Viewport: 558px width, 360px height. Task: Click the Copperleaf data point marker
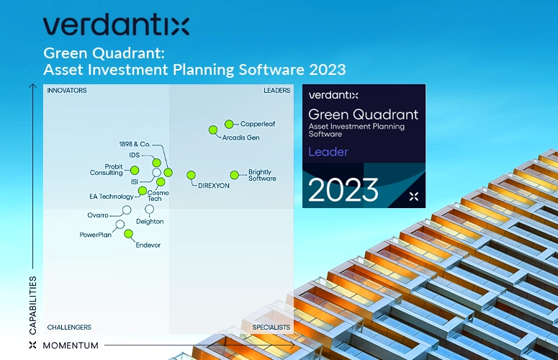click(x=229, y=124)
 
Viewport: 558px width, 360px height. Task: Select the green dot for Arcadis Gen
click(x=213, y=130)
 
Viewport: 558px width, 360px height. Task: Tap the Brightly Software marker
click(x=235, y=175)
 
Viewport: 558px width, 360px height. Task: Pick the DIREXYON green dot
click(x=191, y=175)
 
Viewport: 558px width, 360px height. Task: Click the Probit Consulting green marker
click(x=135, y=171)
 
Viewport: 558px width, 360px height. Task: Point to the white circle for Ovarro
click(x=127, y=210)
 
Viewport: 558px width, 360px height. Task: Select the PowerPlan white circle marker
click(x=120, y=225)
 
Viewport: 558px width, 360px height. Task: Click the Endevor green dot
click(x=128, y=234)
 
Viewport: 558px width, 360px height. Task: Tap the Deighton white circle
click(x=150, y=209)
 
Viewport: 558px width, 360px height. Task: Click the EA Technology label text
click(x=112, y=197)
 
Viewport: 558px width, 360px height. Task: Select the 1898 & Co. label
click(x=135, y=144)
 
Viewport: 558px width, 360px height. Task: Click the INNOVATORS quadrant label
click(x=67, y=90)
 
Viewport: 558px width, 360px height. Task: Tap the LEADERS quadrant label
click(x=277, y=90)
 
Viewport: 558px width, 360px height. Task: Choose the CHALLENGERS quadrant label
click(x=69, y=328)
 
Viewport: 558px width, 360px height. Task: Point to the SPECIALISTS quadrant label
click(x=271, y=328)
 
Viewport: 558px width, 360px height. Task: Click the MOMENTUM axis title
click(x=71, y=346)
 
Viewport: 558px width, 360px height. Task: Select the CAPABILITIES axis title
click(x=32, y=305)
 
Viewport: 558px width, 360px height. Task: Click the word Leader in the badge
click(x=328, y=152)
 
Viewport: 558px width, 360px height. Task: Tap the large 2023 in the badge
click(x=343, y=190)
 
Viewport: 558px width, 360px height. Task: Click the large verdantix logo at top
click(x=116, y=25)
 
